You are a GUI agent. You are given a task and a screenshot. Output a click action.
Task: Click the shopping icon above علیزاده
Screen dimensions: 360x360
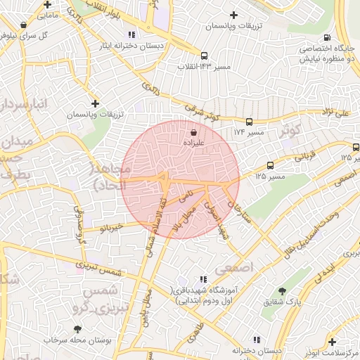(x=193, y=131)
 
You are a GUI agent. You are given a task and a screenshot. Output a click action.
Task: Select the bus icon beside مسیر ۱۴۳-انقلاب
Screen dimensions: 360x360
(x=204, y=56)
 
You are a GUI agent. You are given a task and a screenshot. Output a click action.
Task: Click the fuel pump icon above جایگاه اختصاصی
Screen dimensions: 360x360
(x=326, y=38)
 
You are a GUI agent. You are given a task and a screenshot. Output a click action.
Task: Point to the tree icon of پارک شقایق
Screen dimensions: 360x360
(x=282, y=290)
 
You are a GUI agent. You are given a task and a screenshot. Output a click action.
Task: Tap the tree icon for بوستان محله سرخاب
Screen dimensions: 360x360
(x=77, y=328)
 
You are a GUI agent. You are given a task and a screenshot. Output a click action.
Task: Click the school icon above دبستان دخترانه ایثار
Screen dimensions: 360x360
(x=131, y=34)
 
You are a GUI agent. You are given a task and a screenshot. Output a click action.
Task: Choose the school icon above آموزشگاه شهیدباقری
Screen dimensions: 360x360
(x=204, y=279)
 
